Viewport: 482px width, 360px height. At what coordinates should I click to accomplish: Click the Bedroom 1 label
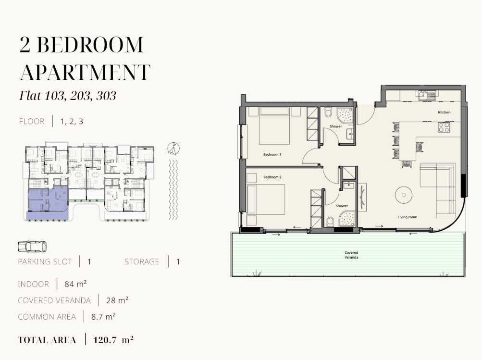click(x=272, y=154)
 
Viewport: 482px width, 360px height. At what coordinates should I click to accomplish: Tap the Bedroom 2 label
click(x=272, y=177)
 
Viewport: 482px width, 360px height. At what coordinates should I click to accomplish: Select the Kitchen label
click(x=444, y=112)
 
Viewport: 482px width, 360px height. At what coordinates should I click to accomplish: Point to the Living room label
click(x=408, y=217)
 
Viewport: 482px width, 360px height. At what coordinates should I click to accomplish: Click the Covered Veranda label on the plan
click(x=351, y=255)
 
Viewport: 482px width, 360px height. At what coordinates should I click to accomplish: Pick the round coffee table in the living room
click(x=404, y=195)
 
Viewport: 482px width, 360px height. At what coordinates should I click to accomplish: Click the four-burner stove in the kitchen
click(x=444, y=127)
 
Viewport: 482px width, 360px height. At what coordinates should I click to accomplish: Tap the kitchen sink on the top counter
click(x=426, y=95)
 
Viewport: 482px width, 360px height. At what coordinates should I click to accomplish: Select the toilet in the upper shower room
click(x=328, y=112)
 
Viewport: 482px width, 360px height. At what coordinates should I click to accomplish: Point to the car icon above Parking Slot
click(x=32, y=247)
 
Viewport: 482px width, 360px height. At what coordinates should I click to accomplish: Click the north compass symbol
click(x=173, y=149)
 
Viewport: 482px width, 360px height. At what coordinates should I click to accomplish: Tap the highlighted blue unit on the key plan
click(x=48, y=203)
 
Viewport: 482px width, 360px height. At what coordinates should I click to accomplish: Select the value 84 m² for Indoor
click(x=75, y=284)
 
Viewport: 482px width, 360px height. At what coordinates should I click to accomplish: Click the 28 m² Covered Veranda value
click(x=117, y=300)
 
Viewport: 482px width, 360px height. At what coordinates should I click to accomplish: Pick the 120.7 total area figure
click(x=105, y=340)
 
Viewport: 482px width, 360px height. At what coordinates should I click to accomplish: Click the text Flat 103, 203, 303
click(x=68, y=96)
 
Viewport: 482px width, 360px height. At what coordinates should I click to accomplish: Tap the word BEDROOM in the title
click(x=90, y=45)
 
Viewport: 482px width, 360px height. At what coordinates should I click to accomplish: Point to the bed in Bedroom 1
click(x=274, y=126)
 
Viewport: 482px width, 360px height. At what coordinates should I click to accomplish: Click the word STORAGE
click(x=142, y=261)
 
